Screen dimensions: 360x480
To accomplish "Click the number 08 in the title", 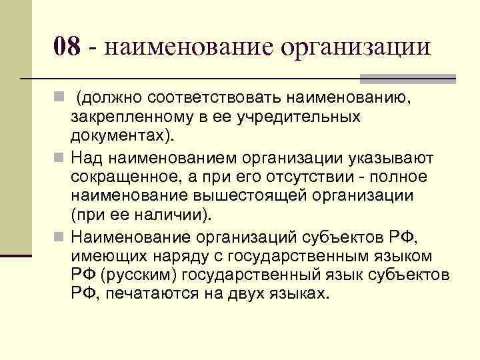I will (67, 47).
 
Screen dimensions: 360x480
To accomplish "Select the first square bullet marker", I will (60, 99).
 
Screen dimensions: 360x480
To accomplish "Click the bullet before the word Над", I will (60, 159).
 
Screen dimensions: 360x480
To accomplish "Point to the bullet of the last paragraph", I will (60, 237).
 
